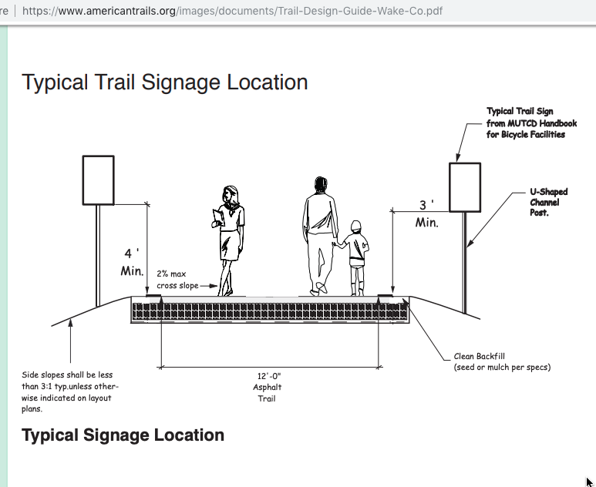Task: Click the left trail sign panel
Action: pyautogui.click(x=99, y=180)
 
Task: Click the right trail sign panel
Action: pyautogui.click(x=465, y=187)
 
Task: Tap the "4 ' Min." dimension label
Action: pyautogui.click(x=132, y=262)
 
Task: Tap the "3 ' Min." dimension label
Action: pyautogui.click(x=427, y=214)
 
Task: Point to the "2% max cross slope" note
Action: pyautogui.click(x=177, y=280)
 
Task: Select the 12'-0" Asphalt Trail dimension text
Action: pyautogui.click(x=268, y=387)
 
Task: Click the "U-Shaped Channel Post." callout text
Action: pyautogui.click(x=548, y=202)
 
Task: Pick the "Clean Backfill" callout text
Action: pyautogui.click(x=480, y=356)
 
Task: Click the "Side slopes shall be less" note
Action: pyautogui.click(x=67, y=375)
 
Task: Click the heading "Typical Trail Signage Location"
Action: pyautogui.click(x=165, y=82)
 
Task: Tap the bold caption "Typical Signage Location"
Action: pyautogui.click(x=123, y=435)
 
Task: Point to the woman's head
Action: pyautogui.click(x=231, y=194)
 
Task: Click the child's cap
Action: pyautogui.click(x=355, y=226)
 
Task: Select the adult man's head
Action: pyautogui.click(x=321, y=185)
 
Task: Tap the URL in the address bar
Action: pyautogui.click(x=232, y=11)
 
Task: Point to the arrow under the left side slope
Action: pyautogui.click(x=70, y=341)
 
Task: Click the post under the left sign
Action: pyautogui.click(x=98, y=256)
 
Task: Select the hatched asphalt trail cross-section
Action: pyautogui.click(x=271, y=310)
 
